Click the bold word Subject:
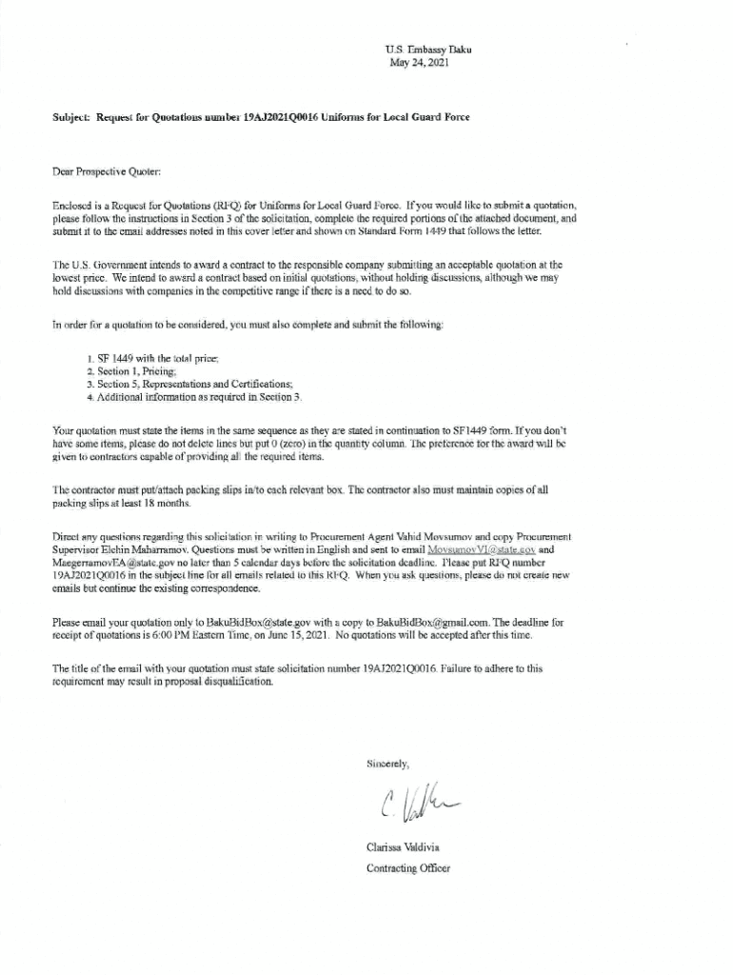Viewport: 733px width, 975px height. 71,116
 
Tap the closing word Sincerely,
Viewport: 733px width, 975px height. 388,765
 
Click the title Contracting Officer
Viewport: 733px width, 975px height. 408,867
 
